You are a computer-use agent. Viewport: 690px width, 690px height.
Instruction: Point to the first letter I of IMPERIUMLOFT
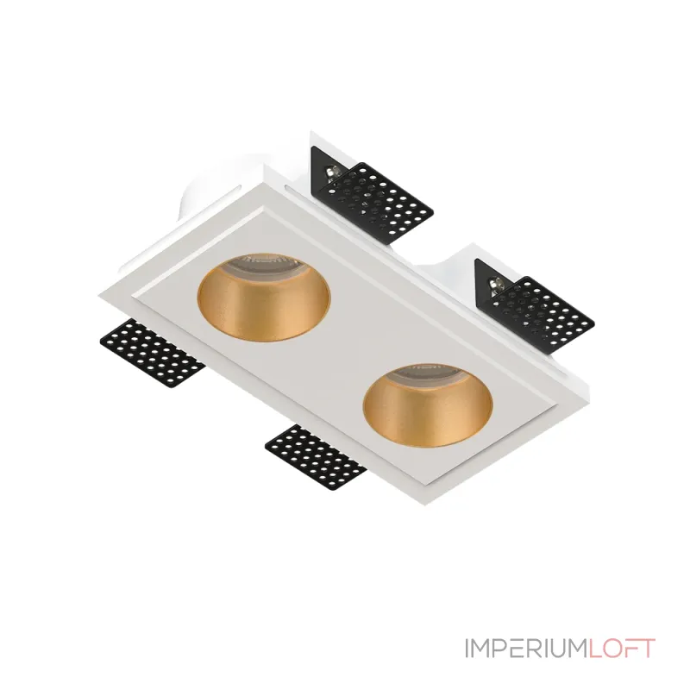click(x=467, y=648)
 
